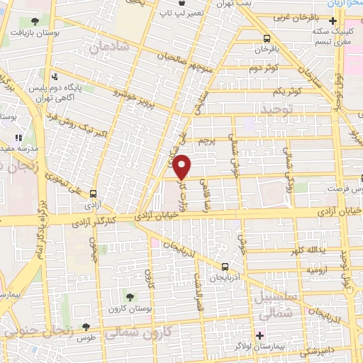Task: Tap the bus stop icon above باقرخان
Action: [265, 39]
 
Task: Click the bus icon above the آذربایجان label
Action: [225, 267]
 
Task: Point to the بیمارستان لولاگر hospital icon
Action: [260, 335]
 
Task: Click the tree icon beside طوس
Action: [86, 327]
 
